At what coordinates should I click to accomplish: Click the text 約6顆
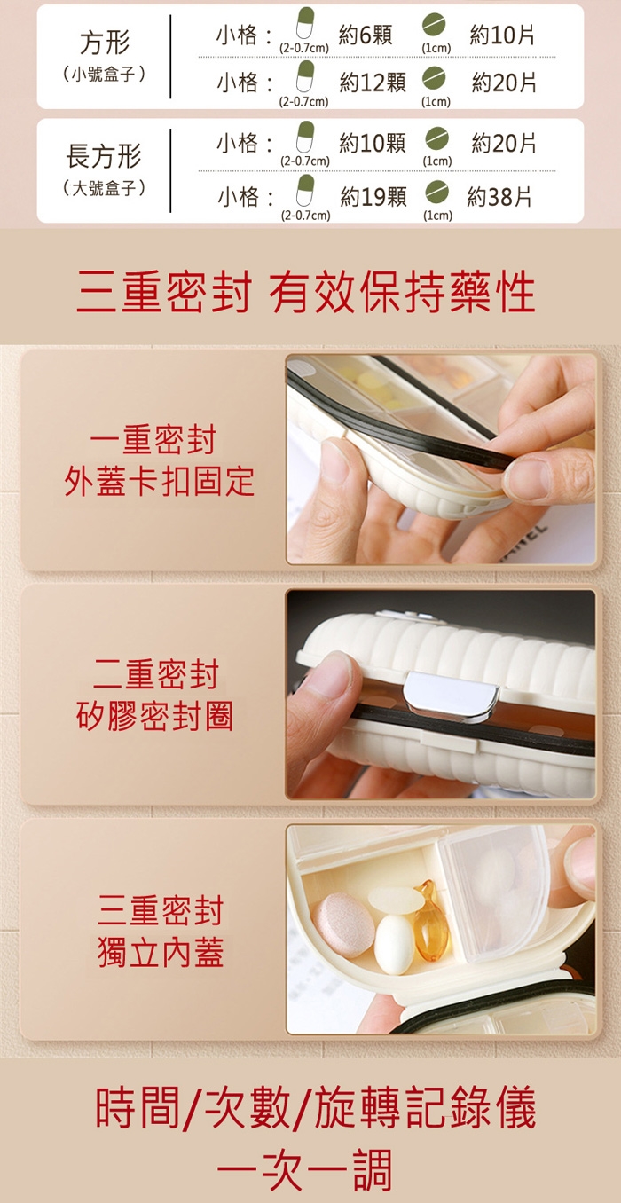click(366, 35)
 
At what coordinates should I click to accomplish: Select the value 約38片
click(499, 197)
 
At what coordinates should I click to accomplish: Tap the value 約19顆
click(373, 197)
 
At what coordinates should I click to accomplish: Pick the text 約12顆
click(373, 83)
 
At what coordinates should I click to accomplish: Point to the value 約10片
click(502, 35)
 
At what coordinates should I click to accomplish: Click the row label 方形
click(105, 43)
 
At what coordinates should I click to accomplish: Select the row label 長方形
click(104, 156)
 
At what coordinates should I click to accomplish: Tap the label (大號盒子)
click(104, 188)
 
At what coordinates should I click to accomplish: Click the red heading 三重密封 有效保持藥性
click(306, 292)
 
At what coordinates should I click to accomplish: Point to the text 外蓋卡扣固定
click(159, 481)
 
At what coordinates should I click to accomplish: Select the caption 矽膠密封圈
click(154, 716)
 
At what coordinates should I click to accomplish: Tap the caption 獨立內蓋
click(161, 952)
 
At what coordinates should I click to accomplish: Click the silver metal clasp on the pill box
click(450, 696)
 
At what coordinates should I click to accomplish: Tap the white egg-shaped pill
click(395, 945)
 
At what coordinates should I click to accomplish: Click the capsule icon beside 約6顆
click(305, 23)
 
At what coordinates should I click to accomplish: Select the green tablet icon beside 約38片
click(436, 192)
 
